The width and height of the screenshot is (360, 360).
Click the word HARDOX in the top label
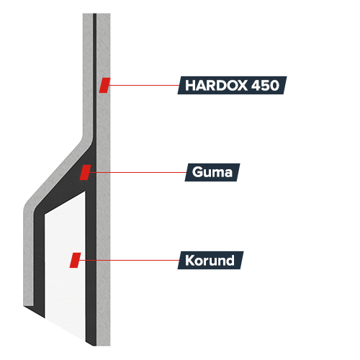pyautogui.click(x=216, y=85)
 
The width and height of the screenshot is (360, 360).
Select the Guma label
pyautogui.click(x=212, y=172)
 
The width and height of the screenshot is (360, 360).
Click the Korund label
pyautogui.click(x=210, y=260)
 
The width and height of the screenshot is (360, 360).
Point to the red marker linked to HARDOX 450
pyautogui.click(x=105, y=85)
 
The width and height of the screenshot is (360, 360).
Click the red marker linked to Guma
pyautogui.click(x=86, y=172)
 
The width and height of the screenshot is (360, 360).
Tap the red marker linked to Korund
pyautogui.click(x=75, y=260)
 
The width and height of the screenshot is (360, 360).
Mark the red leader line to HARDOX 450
pyautogui.click(x=143, y=85)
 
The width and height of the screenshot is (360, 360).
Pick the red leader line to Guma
pyautogui.click(x=138, y=172)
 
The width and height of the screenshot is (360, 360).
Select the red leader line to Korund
pyautogui.click(x=129, y=260)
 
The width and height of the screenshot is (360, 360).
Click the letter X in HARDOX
pyautogui.click(x=242, y=85)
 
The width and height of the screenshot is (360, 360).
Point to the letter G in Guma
pyautogui.click(x=197, y=172)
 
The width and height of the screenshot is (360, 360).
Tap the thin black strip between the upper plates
pyautogui.click(x=95, y=72)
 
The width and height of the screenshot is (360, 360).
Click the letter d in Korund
pyautogui.click(x=230, y=260)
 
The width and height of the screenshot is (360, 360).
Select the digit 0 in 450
pyautogui.click(x=275, y=85)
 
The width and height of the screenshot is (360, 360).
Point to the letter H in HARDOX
pyautogui.click(x=190, y=85)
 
